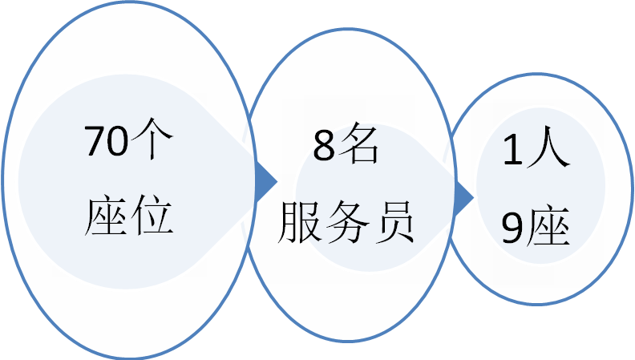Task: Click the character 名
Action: pos(358,147)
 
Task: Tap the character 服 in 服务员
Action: pos(298,224)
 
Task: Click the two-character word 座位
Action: pos(129,213)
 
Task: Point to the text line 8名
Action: pos(341,148)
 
